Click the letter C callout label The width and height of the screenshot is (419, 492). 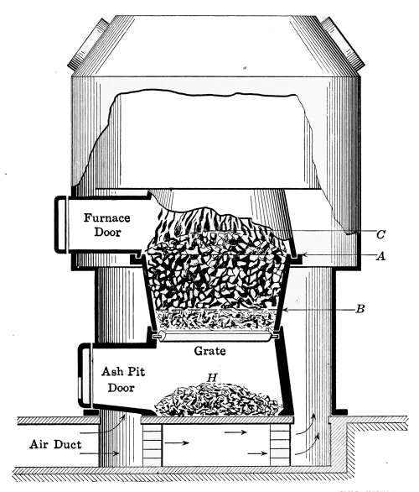point(380,234)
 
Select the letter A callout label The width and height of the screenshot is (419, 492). point(380,256)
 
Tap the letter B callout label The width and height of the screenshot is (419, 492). point(360,309)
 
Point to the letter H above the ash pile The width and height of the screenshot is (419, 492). point(212,378)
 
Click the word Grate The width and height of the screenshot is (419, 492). point(209,351)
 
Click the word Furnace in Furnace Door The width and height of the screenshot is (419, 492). point(106,217)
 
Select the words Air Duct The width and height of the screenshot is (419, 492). point(56,444)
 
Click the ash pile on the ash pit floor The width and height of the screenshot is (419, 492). point(218,400)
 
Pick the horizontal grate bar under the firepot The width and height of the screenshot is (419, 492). point(215,337)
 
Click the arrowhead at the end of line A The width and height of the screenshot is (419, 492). point(303,256)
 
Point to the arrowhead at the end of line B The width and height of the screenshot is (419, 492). point(285,310)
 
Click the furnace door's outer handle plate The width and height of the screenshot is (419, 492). point(60,224)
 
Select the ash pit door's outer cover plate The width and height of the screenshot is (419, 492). point(84,375)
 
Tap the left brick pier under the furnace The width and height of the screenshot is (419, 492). point(153,445)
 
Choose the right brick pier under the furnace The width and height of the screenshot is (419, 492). point(280,445)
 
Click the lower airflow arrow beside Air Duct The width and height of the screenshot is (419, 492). point(100,453)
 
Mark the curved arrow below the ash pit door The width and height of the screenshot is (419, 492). point(103,427)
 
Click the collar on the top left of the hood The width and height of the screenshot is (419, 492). point(88,44)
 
